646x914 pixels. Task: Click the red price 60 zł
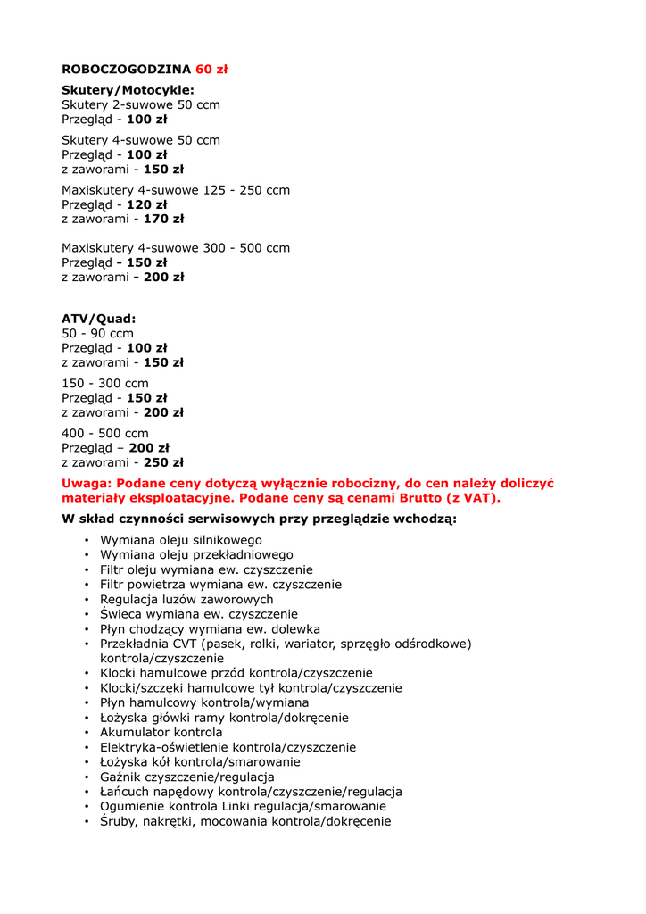(x=211, y=69)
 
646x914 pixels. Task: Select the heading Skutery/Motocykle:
(x=128, y=90)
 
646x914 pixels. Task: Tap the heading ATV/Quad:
(x=98, y=319)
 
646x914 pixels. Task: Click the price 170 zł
(x=163, y=219)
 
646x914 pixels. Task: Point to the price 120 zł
(x=146, y=204)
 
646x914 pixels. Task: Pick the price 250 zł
(x=163, y=462)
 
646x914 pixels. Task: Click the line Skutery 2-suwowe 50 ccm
(x=141, y=104)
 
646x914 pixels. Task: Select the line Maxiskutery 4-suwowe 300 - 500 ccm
(x=176, y=248)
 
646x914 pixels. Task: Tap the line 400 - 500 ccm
(x=105, y=434)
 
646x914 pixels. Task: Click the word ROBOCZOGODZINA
(x=126, y=69)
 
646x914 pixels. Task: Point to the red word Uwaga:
(x=85, y=483)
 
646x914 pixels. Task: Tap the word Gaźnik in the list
(x=121, y=777)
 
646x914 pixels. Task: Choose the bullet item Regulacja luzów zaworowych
(x=186, y=600)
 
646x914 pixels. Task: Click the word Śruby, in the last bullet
(x=122, y=822)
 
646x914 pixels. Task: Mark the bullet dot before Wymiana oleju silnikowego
(x=87, y=541)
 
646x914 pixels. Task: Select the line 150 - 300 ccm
(x=105, y=384)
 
